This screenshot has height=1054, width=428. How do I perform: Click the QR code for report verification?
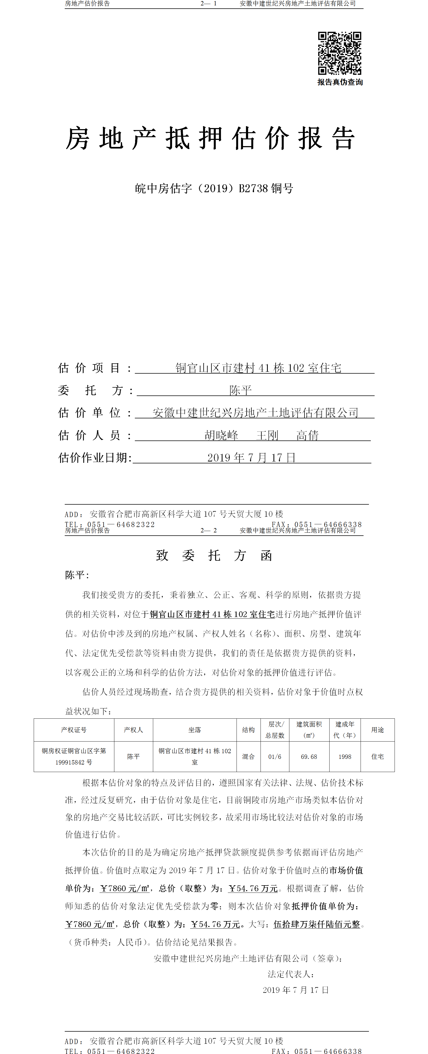tap(340, 53)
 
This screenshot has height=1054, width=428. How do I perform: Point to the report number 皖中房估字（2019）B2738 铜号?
tap(214, 189)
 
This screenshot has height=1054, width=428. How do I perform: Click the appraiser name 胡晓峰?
tap(221, 435)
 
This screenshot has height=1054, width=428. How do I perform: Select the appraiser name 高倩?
tap(307, 435)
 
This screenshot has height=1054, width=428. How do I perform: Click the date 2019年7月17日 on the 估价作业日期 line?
tap(251, 457)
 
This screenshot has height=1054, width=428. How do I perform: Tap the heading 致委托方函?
tap(214, 555)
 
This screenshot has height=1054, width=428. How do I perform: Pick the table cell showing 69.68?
tap(309, 757)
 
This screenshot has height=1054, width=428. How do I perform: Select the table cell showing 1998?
tap(344, 757)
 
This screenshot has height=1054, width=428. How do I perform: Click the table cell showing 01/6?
tap(275, 757)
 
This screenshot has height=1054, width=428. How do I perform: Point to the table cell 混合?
tap(248, 757)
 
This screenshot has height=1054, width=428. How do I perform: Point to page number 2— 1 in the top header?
tap(208, 4)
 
